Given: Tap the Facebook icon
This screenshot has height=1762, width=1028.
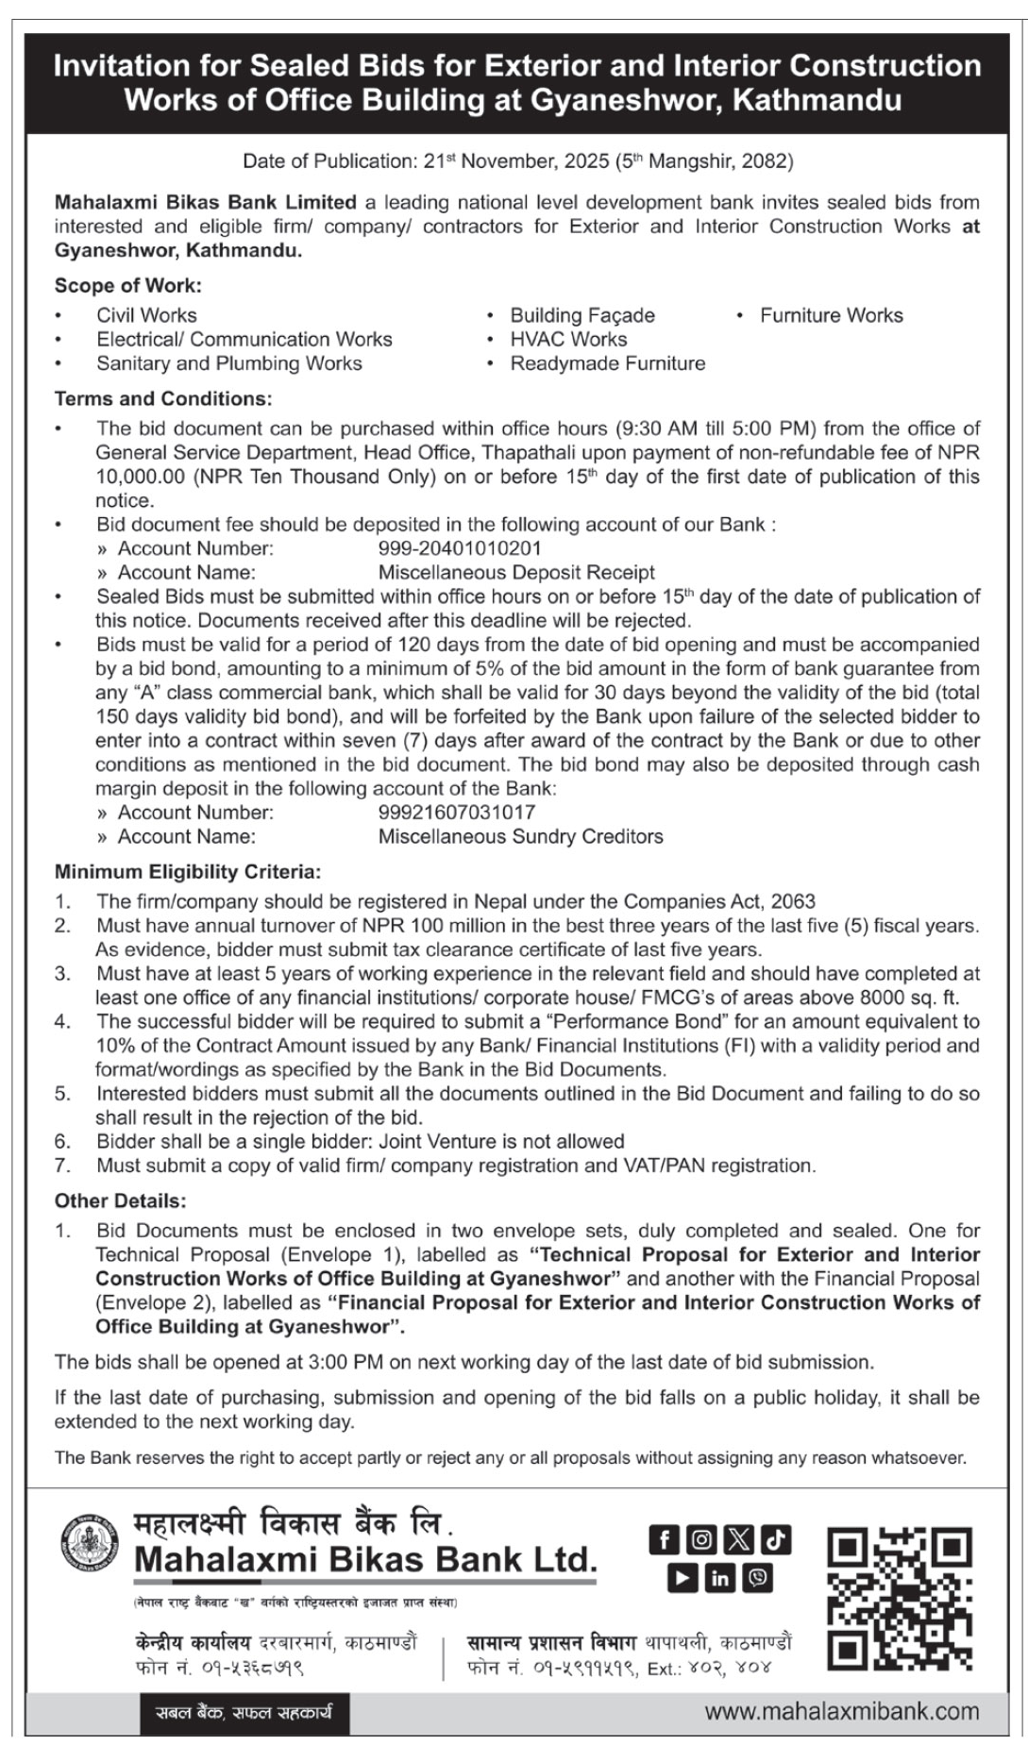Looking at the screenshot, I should tap(664, 1540).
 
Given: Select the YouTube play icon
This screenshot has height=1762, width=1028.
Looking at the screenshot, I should tap(682, 1578).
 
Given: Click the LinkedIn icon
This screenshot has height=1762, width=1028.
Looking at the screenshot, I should tap(720, 1578).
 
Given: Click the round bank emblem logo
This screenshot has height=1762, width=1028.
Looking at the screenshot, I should tap(90, 1544).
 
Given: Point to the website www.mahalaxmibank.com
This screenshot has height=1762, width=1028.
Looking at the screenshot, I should tap(841, 1711).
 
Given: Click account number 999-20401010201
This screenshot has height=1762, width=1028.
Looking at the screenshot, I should tap(460, 548).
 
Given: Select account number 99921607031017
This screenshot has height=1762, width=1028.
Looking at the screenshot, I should tap(457, 812).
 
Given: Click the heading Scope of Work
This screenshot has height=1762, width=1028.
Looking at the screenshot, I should tap(128, 285).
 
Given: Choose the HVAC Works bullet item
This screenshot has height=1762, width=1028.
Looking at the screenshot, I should tap(568, 339).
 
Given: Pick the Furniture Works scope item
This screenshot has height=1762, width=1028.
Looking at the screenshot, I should tap(831, 315).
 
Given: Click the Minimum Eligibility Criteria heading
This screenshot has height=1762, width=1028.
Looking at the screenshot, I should tap(188, 871).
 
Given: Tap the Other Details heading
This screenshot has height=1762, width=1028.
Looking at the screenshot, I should tap(120, 1201).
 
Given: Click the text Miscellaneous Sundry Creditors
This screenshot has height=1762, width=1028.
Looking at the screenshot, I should tap(520, 836).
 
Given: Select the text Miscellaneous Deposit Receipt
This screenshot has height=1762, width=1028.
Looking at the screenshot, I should tap(516, 572).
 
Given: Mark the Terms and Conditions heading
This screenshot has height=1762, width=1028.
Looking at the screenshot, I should tap(163, 398).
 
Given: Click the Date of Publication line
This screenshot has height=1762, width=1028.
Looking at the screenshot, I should tap(517, 160).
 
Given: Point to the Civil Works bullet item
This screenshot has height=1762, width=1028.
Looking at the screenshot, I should tap(146, 315).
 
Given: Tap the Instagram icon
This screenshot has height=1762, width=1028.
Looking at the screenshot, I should tap(701, 1540).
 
